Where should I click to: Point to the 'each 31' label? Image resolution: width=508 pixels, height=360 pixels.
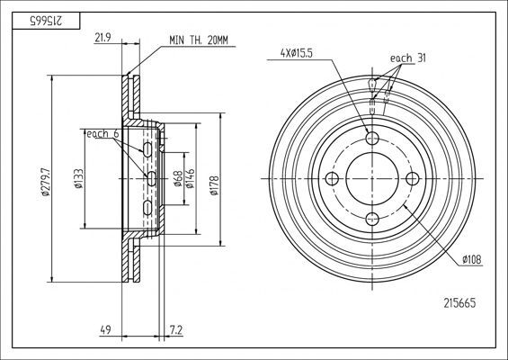pos(407,58)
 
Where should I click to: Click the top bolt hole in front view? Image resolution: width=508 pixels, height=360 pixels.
pos(372,138)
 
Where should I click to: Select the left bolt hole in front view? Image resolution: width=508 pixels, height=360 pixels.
pos(332,178)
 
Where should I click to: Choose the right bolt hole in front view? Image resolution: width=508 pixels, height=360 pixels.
pos(414,178)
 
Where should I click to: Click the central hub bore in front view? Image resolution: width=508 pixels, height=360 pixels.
pos(372,178)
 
